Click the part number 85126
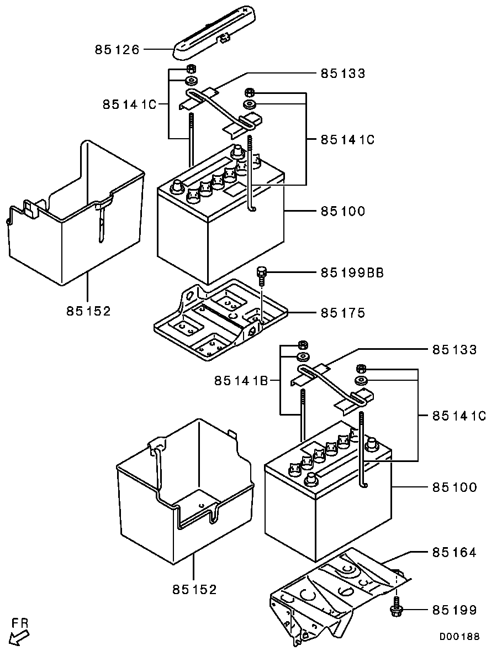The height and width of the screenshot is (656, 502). click(x=117, y=50)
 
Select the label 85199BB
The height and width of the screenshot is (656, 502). click(x=352, y=273)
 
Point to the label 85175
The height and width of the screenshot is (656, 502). click(x=343, y=312)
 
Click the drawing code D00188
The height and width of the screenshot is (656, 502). click(x=459, y=637)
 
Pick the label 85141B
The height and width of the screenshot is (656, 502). click(x=241, y=381)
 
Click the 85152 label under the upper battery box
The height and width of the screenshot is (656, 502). click(x=88, y=311)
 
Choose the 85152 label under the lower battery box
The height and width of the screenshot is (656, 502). click(x=194, y=590)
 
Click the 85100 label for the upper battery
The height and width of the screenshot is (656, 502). click(x=343, y=211)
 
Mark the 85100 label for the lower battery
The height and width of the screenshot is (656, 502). click(x=455, y=487)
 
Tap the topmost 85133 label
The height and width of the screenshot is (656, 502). click(x=343, y=73)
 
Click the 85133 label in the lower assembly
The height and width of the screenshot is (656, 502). click(x=455, y=349)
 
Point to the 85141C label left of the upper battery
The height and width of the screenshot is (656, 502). click(x=130, y=104)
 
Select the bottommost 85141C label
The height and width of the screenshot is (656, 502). click(x=459, y=416)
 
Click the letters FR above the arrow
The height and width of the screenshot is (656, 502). click(x=20, y=623)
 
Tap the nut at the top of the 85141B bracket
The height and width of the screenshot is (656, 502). click(x=303, y=345)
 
